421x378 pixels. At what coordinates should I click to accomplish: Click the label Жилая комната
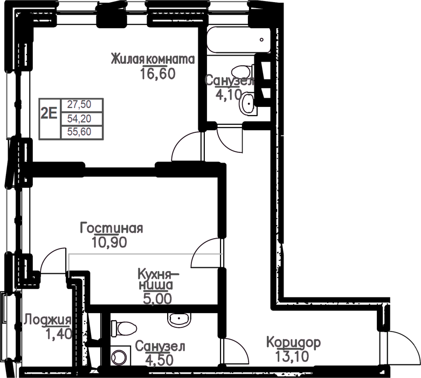(x=153, y=59)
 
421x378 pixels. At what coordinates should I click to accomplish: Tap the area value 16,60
(x=157, y=74)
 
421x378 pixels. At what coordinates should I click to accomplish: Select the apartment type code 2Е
(x=49, y=114)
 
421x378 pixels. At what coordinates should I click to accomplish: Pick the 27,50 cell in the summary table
(x=79, y=104)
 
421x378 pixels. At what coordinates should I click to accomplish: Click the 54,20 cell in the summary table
(x=79, y=118)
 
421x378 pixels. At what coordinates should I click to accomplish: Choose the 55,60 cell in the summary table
(x=79, y=132)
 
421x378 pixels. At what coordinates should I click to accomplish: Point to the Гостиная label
(x=112, y=228)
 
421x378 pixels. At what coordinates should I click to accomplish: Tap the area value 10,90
(x=109, y=242)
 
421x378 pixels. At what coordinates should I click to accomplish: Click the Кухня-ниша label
(x=157, y=280)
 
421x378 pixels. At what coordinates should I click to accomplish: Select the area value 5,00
(x=157, y=299)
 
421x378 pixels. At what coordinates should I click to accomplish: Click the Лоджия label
(x=47, y=320)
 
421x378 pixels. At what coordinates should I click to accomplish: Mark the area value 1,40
(x=59, y=334)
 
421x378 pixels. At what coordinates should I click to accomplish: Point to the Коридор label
(x=293, y=342)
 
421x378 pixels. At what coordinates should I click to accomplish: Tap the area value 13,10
(x=292, y=356)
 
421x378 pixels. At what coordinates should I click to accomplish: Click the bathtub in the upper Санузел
(x=238, y=40)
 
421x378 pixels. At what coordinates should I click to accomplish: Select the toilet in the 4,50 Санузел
(x=124, y=328)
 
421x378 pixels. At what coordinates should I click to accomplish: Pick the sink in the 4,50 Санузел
(x=180, y=319)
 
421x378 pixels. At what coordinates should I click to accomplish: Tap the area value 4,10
(x=229, y=94)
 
